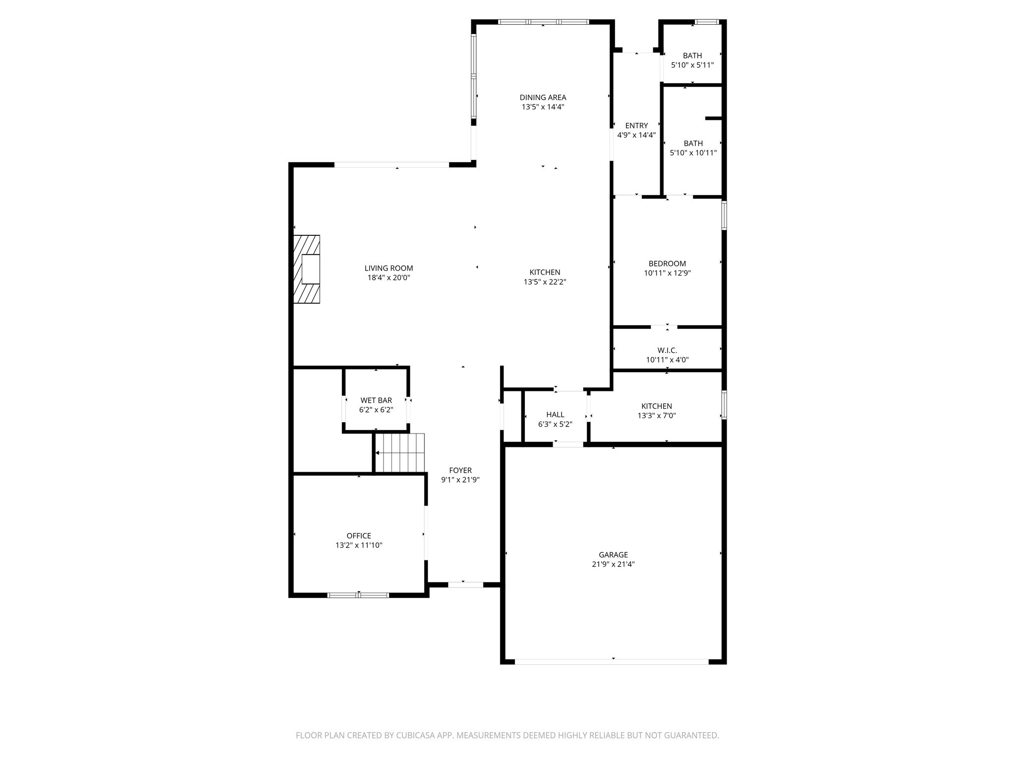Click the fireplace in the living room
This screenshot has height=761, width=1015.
click(307, 269)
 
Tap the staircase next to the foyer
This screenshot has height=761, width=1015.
click(399, 453)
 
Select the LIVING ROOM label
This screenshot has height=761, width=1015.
click(389, 269)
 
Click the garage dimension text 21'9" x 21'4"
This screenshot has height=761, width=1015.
click(613, 564)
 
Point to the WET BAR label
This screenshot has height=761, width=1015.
click(376, 400)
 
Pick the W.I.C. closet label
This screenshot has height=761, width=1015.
click(667, 350)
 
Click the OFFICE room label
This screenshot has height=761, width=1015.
click(359, 536)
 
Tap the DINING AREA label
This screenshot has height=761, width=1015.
click(543, 98)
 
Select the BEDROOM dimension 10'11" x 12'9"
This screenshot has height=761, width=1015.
click(667, 273)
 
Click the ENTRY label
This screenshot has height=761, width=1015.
click(636, 126)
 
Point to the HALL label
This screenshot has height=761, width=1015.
click(555, 415)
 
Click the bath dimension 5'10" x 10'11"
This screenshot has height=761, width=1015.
click(693, 153)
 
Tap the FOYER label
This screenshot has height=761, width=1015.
click(460, 470)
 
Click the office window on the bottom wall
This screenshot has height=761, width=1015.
click(358, 595)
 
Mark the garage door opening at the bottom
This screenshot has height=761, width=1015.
click(612, 661)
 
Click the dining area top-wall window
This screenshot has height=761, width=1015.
click(543, 22)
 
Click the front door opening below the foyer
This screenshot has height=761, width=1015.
click(465, 585)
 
